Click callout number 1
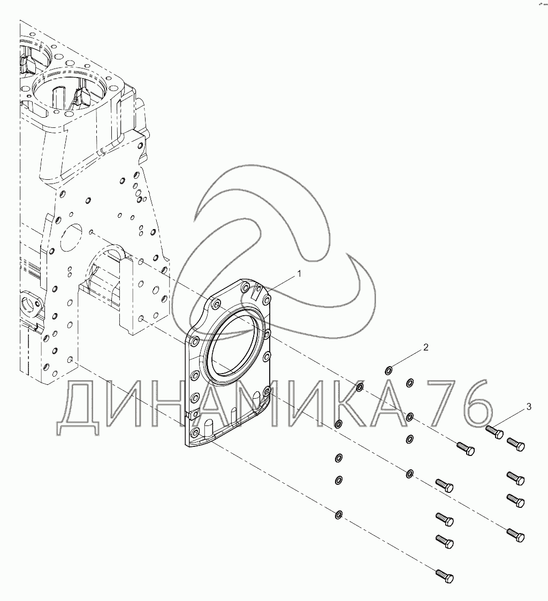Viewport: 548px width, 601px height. pyautogui.click(x=299, y=273)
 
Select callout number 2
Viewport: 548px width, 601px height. pyautogui.click(x=425, y=347)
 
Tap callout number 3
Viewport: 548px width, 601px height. pyautogui.click(x=529, y=407)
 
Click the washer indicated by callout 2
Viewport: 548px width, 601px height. pyautogui.click(x=390, y=369)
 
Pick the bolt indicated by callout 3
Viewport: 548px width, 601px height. pyautogui.click(x=495, y=431)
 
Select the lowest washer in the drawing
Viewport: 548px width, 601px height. pyautogui.click(x=338, y=515)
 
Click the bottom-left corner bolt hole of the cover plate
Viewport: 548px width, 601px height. pyautogui.click(x=195, y=431)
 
